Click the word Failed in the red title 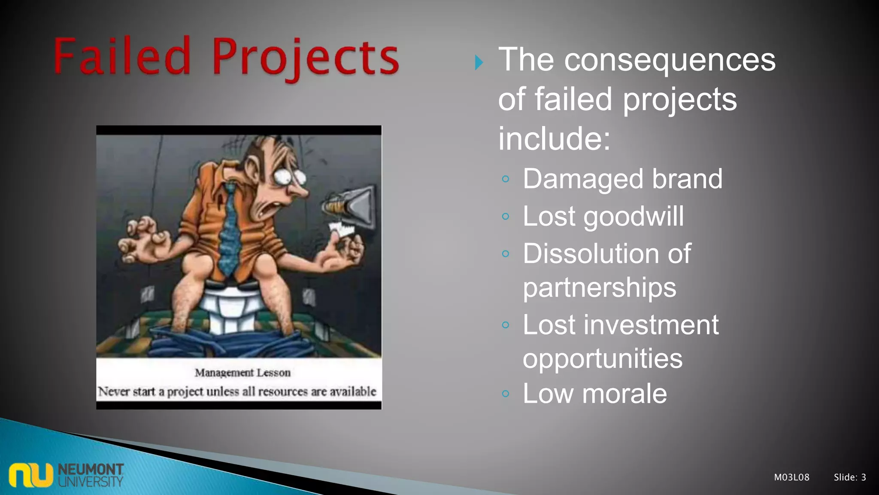click(122, 57)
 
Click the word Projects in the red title click(306, 58)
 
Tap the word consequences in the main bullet click(670, 60)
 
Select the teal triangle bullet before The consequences click(479, 63)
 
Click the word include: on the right click(554, 139)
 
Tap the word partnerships click(599, 287)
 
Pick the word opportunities click(602, 359)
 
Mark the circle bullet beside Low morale click(506, 394)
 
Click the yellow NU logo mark click(30, 475)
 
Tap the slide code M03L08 click(791, 477)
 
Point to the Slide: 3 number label click(849, 477)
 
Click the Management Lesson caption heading click(242, 373)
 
